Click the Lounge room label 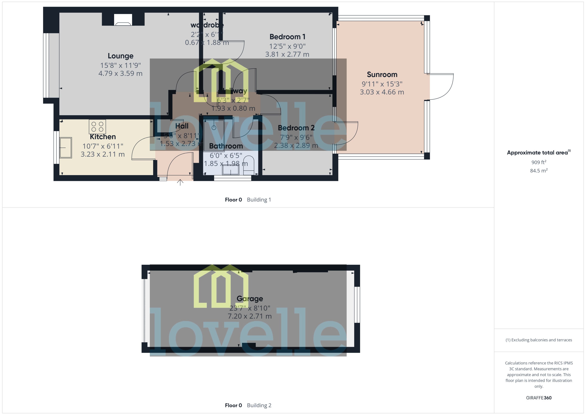pyautogui.click(x=121, y=56)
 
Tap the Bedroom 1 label pyautogui.click(x=287, y=37)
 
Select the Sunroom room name pyautogui.click(x=382, y=75)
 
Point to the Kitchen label pyautogui.click(x=103, y=137)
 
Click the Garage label pyautogui.click(x=250, y=298)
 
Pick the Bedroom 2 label pyautogui.click(x=296, y=128)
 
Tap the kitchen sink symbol pyautogui.click(x=66, y=148)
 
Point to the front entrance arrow pyautogui.click(x=180, y=182)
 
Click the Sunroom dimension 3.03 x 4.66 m pyautogui.click(x=382, y=92)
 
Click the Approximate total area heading pyautogui.click(x=537, y=153)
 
